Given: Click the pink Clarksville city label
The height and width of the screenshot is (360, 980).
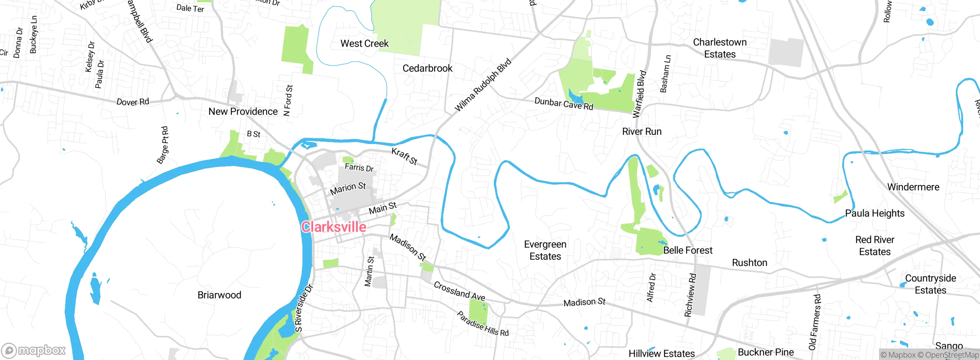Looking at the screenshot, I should pos(333,227).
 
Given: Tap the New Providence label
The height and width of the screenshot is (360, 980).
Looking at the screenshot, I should pos(243,111).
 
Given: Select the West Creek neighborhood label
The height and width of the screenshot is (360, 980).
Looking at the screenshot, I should pos(364,44).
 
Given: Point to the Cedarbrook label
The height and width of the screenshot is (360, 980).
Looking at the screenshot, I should pos(427,68).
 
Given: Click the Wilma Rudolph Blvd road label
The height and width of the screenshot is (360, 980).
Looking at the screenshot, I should pos(483,85).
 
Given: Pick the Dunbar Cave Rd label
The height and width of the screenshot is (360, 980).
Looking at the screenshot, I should pos(563,104).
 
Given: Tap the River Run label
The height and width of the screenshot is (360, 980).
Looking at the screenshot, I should pos(642,131).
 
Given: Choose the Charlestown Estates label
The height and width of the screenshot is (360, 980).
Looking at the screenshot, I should pos(720,48).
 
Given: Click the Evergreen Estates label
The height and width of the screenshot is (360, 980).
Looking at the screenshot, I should pos(545,250).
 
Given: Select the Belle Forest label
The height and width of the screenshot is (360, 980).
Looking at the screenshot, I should pos(688,250).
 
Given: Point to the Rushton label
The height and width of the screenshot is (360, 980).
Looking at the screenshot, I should pos(750,263).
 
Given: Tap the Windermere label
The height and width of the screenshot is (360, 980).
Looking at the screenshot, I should pos(913,187).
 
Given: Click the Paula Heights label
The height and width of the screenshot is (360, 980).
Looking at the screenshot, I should pos(875,213).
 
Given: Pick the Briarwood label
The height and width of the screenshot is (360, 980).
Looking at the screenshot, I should pos(219,295).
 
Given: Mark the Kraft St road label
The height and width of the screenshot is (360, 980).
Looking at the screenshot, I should pos(404,156).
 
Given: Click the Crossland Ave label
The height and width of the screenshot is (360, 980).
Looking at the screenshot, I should pos(459,291).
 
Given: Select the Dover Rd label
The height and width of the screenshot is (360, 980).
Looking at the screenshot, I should pos(132,102).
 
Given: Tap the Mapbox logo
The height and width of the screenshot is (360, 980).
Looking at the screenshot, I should pos(34,350).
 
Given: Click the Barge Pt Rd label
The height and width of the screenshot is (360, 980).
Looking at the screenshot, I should pos(163,145).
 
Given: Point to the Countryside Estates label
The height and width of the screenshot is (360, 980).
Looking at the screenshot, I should pos(930,284).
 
